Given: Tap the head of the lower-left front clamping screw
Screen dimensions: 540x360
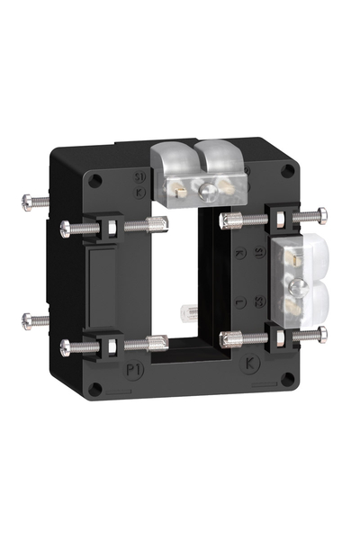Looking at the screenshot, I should pyautogui.click(x=66, y=346).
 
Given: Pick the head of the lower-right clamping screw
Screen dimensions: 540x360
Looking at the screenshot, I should pyautogui.click(x=321, y=335).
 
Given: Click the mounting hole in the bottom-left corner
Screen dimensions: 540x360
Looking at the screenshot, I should pyautogui.click(x=95, y=389).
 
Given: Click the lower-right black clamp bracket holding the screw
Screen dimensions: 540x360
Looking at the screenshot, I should pyautogui.click(x=282, y=337).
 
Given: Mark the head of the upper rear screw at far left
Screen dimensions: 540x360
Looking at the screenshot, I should pyautogui.click(x=27, y=201).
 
